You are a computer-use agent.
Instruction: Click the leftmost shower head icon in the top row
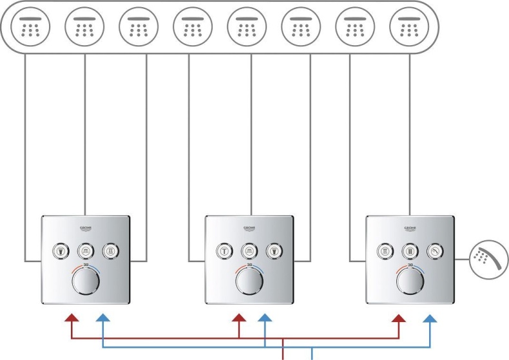[30, 28]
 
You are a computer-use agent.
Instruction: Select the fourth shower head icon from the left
[192, 28]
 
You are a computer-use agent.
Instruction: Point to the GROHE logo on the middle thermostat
[249, 229]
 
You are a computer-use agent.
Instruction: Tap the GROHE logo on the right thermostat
[410, 229]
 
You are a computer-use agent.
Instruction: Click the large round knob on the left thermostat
[86, 282]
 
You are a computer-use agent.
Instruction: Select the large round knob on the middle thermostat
[249, 282]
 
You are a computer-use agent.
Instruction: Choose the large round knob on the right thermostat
[410, 282]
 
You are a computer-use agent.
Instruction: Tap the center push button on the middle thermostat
[249, 250]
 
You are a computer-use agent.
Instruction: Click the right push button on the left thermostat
[111, 250]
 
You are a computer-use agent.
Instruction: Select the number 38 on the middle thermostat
[249, 264]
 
